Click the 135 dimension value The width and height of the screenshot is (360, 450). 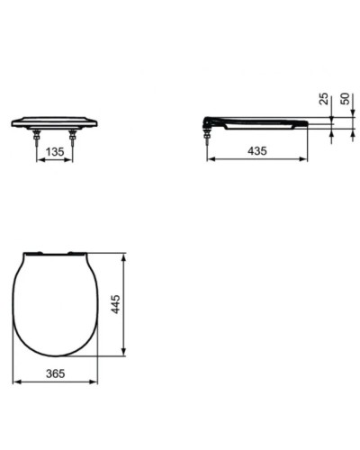[x=56, y=153]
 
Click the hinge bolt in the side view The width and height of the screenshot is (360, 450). [x=208, y=135]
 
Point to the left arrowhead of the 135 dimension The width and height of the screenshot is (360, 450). [x=39, y=160]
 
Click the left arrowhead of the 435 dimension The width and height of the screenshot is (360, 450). [x=209, y=160]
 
